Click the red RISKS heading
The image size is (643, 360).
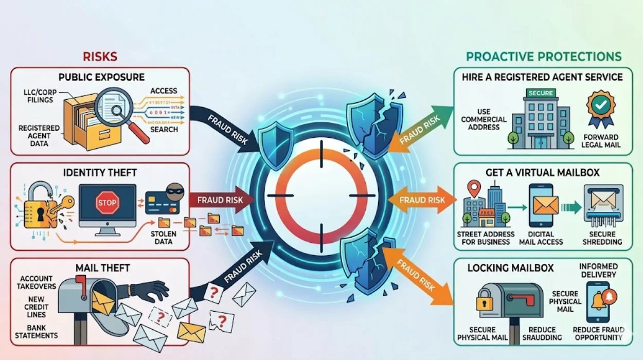[x=100, y=56]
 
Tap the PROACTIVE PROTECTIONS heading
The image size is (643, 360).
[x=544, y=57]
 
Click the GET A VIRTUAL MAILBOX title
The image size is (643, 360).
[x=543, y=173]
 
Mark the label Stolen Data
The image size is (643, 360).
[x=164, y=238]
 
